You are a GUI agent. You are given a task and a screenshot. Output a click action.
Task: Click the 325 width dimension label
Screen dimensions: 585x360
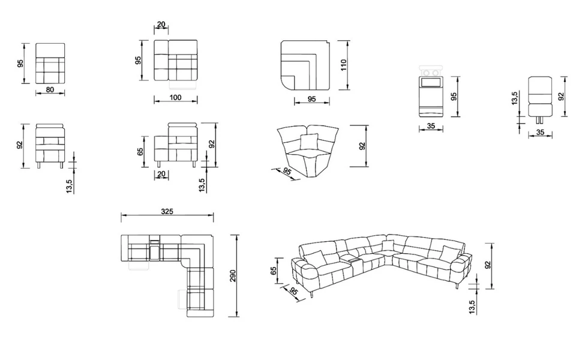pos(167,211)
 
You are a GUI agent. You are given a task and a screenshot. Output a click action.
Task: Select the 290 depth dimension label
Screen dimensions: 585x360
pos(233,275)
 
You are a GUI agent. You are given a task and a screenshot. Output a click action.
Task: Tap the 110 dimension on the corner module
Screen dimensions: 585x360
pos(344,65)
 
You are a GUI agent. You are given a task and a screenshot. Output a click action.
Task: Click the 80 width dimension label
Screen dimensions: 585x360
pos(50,89)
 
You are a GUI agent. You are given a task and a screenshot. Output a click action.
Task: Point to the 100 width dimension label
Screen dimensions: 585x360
pos(175,97)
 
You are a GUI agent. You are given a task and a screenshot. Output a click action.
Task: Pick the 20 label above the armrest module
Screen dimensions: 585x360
pos(161,25)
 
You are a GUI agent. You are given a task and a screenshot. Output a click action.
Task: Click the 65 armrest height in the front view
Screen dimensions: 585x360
pos(140,151)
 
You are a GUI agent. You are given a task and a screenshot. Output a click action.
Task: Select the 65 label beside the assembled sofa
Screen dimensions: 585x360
pos(274,271)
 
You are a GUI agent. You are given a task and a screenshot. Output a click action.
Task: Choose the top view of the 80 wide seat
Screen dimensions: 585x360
pos(50,64)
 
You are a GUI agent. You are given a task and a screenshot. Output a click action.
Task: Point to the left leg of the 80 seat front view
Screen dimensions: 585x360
pos(39,165)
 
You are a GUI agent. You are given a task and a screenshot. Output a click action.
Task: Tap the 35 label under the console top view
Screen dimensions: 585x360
pos(431,126)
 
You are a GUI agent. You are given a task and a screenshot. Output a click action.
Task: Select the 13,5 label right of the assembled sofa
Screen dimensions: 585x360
pos(472,307)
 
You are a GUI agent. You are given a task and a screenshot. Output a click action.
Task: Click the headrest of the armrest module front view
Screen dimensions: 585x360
pos(182,125)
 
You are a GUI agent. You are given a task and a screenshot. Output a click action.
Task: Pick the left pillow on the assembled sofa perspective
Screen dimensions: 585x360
pos(315,258)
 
